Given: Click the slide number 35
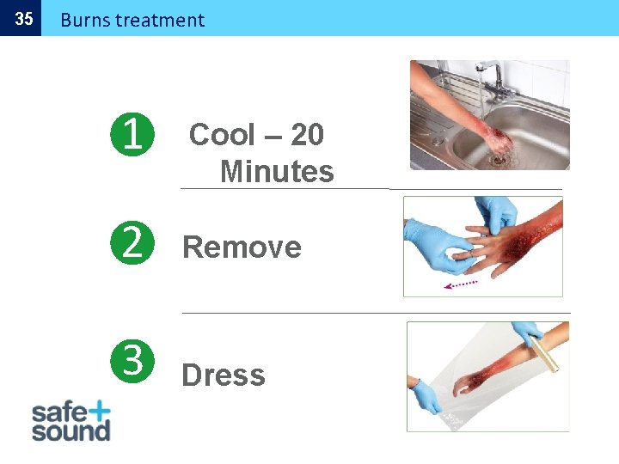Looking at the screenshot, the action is tap(24, 19).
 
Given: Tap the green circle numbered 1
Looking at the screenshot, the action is tap(132, 135).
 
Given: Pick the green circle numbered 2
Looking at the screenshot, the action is tap(132, 242).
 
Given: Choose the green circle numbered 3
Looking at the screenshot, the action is tap(132, 361).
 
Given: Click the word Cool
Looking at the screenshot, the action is tap(223, 135).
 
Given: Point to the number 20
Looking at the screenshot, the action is tap(308, 135).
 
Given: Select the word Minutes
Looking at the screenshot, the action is tap(277, 171).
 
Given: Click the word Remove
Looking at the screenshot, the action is tap(242, 247).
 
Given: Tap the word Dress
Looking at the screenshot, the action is tap(224, 375).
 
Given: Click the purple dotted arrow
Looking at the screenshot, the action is tap(461, 284).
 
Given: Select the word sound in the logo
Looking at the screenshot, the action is tap(71, 431).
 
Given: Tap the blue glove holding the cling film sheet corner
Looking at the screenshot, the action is tap(426, 396).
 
